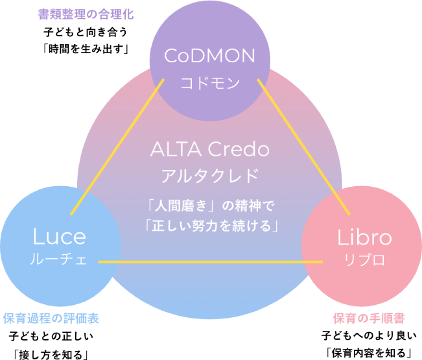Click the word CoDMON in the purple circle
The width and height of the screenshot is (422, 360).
[209, 56]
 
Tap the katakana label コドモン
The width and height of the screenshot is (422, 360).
[210, 82]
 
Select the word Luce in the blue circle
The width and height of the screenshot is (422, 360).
[59, 237]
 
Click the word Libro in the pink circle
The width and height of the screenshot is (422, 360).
[364, 237]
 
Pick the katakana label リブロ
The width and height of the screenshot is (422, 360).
[364, 260]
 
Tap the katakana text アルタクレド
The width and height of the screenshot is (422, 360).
[209, 176]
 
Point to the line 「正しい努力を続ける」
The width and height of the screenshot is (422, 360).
[210, 226]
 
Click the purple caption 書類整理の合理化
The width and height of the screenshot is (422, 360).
[86, 14]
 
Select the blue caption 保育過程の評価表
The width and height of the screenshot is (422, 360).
[51, 319]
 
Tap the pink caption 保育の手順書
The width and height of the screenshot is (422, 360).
[369, 319]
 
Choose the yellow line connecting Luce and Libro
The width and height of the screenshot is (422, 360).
[210, 262]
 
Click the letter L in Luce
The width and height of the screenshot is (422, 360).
[38, 237]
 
